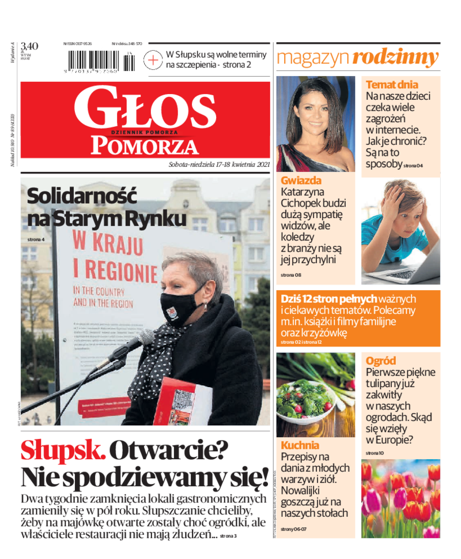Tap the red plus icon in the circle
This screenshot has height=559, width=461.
tap(153, 59)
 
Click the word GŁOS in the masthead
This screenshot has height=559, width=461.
tap(145, 109)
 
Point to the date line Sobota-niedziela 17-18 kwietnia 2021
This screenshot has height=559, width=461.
tap(219, 164)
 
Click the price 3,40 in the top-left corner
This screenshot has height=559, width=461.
tap(29, 46)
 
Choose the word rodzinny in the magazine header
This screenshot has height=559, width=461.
tap(395, 58)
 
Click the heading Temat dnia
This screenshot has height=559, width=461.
tap(392, 85)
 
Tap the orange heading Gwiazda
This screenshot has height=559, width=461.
tap(301, 180)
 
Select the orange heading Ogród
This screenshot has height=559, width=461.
tap(381, 361)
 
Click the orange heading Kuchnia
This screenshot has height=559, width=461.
tap(300, 445)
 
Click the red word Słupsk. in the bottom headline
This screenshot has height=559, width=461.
tap(63, 451)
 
